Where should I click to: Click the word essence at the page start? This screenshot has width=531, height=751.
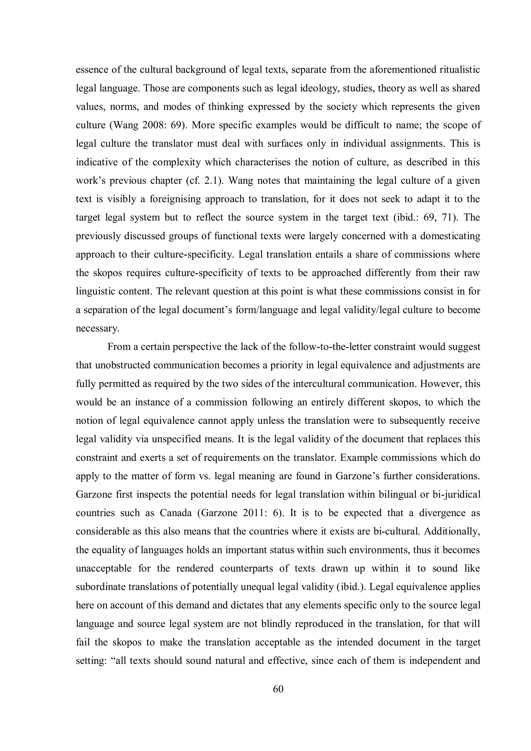(91, 70)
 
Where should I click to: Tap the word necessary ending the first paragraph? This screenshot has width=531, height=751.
(97, 328)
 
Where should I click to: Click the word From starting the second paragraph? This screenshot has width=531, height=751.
(119, 347)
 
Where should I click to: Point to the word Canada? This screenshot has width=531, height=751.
(176, 513)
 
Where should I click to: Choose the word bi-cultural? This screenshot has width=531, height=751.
(396, 531)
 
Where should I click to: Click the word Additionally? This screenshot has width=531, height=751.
(452, 531)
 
